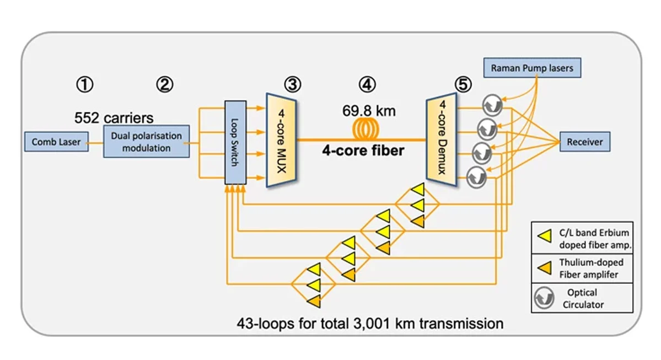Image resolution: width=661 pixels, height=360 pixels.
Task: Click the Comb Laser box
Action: point(56,142)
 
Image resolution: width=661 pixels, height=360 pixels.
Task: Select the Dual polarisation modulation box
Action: point(146,142)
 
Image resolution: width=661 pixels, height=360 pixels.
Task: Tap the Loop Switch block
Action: point(235,143)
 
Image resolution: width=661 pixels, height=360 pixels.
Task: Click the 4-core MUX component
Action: point(282,141)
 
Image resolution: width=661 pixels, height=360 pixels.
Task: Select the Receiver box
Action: point(585,142)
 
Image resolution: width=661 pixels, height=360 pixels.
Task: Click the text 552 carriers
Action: point(114,118)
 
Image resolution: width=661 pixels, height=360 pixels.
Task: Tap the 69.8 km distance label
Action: point(369,111)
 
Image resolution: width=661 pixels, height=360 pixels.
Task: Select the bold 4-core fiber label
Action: point(364,150)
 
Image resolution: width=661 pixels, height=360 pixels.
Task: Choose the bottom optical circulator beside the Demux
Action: point(476,177)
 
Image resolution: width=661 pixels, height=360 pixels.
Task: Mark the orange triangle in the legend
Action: point(543,268)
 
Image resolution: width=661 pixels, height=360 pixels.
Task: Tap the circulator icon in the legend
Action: point(543,298)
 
